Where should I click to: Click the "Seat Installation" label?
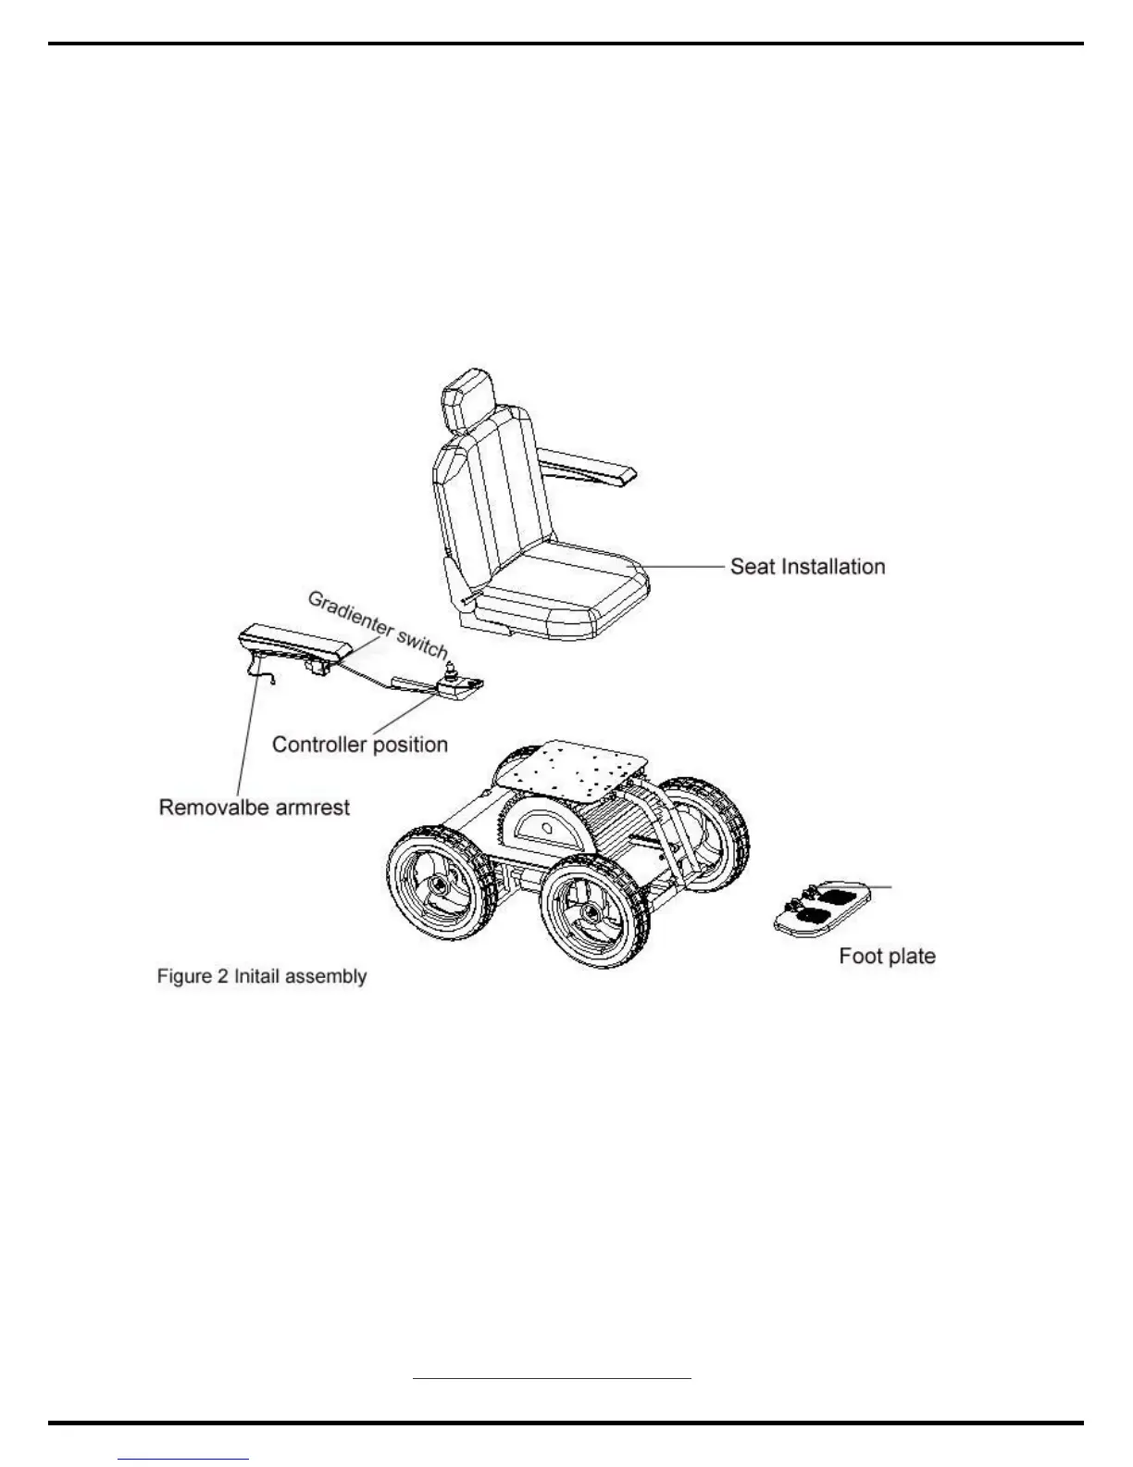click(x=807, y=566)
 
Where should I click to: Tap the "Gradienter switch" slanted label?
click(x=378, y=623)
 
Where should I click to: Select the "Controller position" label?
click(x=359, y=745)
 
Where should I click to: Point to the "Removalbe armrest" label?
click(x=255, y=808)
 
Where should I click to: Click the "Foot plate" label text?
click(x=887, y=956)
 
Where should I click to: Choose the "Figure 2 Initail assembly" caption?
click(x=262, y=976)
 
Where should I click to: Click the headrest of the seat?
click(x=469, y=404)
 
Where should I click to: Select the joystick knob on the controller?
click(x=454, y=668)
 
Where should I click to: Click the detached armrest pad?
click(x=294, y=641)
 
